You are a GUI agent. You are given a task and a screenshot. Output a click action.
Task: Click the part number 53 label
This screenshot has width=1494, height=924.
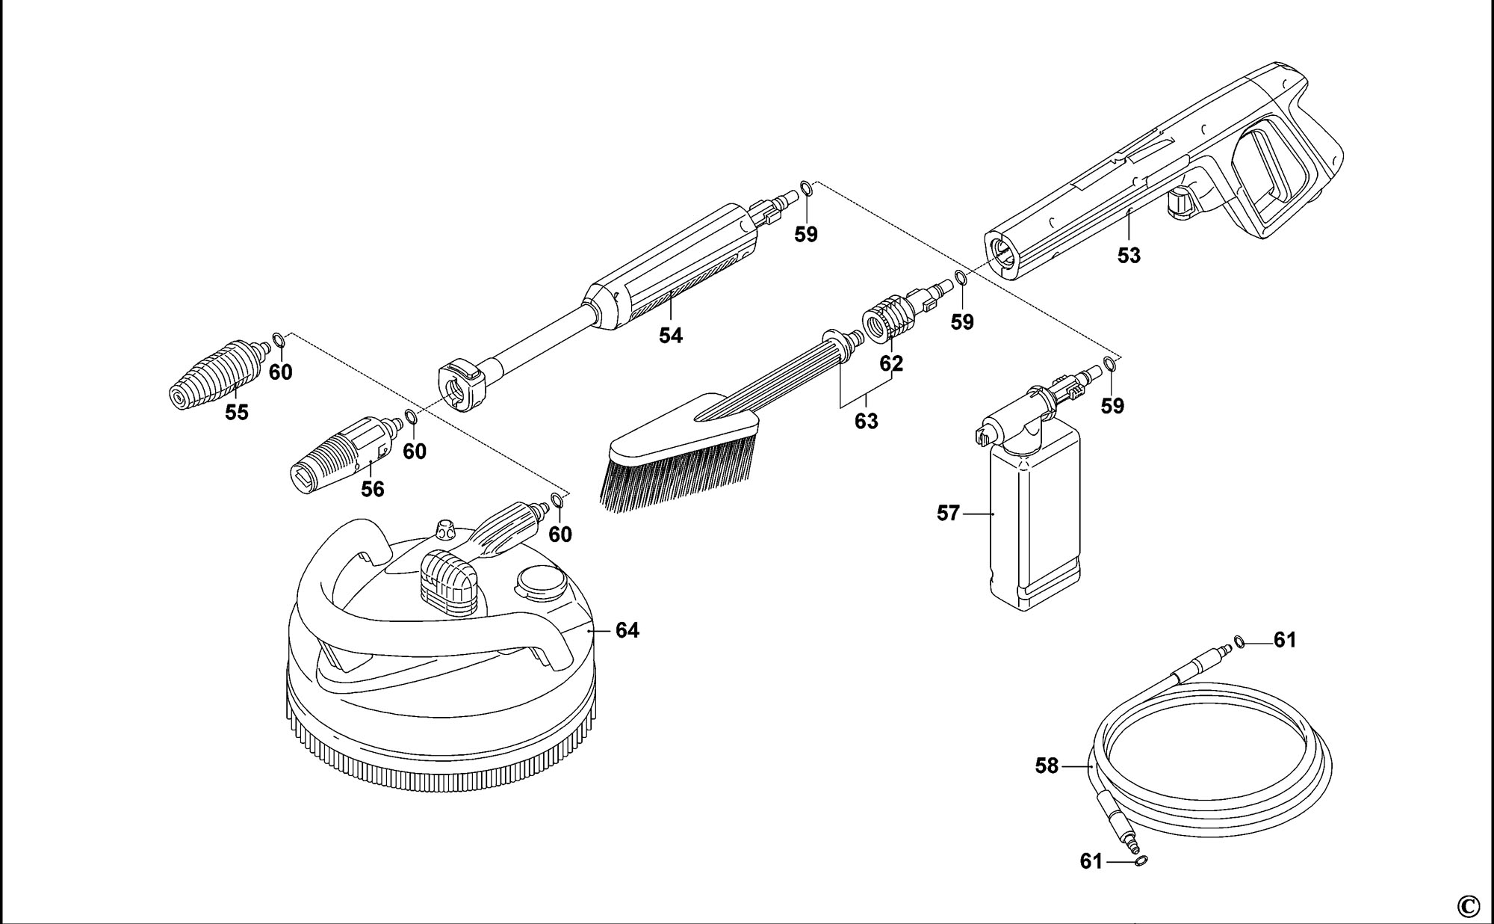coord(1129,256)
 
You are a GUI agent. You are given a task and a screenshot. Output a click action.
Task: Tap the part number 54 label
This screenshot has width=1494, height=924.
coord(670,336)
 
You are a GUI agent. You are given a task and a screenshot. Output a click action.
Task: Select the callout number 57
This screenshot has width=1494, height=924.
coord(948,514)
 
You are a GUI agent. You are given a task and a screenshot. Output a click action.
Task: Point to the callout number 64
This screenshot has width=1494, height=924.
coord(627,631)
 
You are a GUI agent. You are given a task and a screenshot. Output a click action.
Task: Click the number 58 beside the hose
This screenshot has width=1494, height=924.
coord(1047,766)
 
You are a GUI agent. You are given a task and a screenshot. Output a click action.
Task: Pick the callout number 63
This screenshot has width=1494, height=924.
coord(866,422)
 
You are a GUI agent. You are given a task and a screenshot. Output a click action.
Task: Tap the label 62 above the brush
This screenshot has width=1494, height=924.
coord(891,363)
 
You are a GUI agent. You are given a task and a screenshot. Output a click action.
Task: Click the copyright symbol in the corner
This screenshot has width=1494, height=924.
coord(1467,906)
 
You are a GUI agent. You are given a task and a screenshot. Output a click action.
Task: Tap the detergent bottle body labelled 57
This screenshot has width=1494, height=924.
coord(1034,523)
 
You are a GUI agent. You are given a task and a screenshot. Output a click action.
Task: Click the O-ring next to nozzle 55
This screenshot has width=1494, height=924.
coord(278,342)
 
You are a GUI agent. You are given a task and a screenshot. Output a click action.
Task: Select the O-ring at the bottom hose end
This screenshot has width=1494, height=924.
coord(1141,861)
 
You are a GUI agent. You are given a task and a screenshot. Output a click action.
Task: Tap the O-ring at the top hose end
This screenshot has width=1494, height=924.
coord(1239,641)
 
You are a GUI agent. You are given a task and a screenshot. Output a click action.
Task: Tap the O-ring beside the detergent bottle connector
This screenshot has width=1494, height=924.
coord(1110,365)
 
